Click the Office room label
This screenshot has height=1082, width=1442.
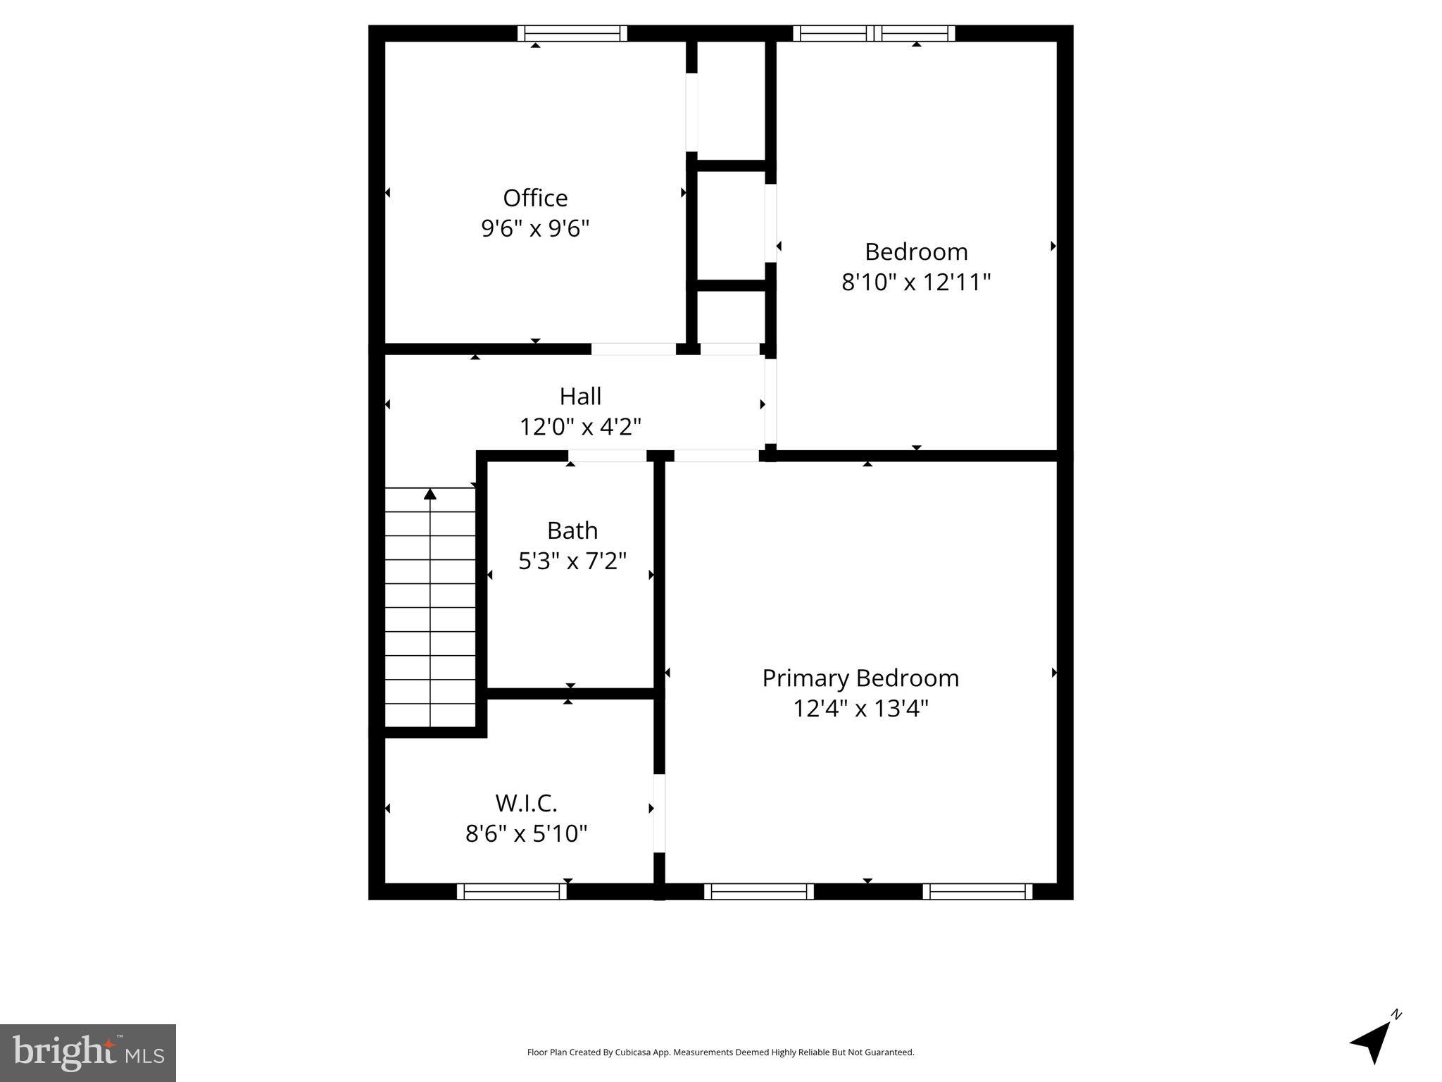(x=535, y=198)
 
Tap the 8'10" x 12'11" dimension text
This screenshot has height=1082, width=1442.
(x=916, y=282)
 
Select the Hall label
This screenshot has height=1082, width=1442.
(x=580, y=396)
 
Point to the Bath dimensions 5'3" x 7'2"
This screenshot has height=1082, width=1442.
(x=572, y=561)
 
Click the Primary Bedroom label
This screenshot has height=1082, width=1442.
(x=860, y=678)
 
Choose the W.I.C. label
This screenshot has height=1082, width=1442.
(x=526, y=803)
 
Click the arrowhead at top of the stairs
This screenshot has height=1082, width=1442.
(x=430, y=494)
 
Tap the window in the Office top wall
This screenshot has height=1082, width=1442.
(x=572, y=33)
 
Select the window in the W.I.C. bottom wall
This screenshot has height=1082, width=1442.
(x=512, y=892)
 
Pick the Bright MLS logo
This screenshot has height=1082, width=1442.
(x=88, y=1052)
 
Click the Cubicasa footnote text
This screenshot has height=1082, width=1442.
(x=720, y=1052)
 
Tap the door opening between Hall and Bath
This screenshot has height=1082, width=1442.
(x=608, y=456)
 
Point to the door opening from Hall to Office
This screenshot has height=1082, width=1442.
(x=633, y=349)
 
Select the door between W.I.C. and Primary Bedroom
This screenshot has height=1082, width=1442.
(x=659, y=814)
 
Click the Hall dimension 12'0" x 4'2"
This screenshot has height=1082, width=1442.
(x=580, y=427)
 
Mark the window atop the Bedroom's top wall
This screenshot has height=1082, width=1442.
(x=874, y=33)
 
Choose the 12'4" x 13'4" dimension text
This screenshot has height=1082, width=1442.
(x=860, y=709)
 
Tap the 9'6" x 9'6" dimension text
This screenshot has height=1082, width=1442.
(x=535, y=229)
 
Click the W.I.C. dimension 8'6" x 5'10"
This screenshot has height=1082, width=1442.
(x=526, y=834)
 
